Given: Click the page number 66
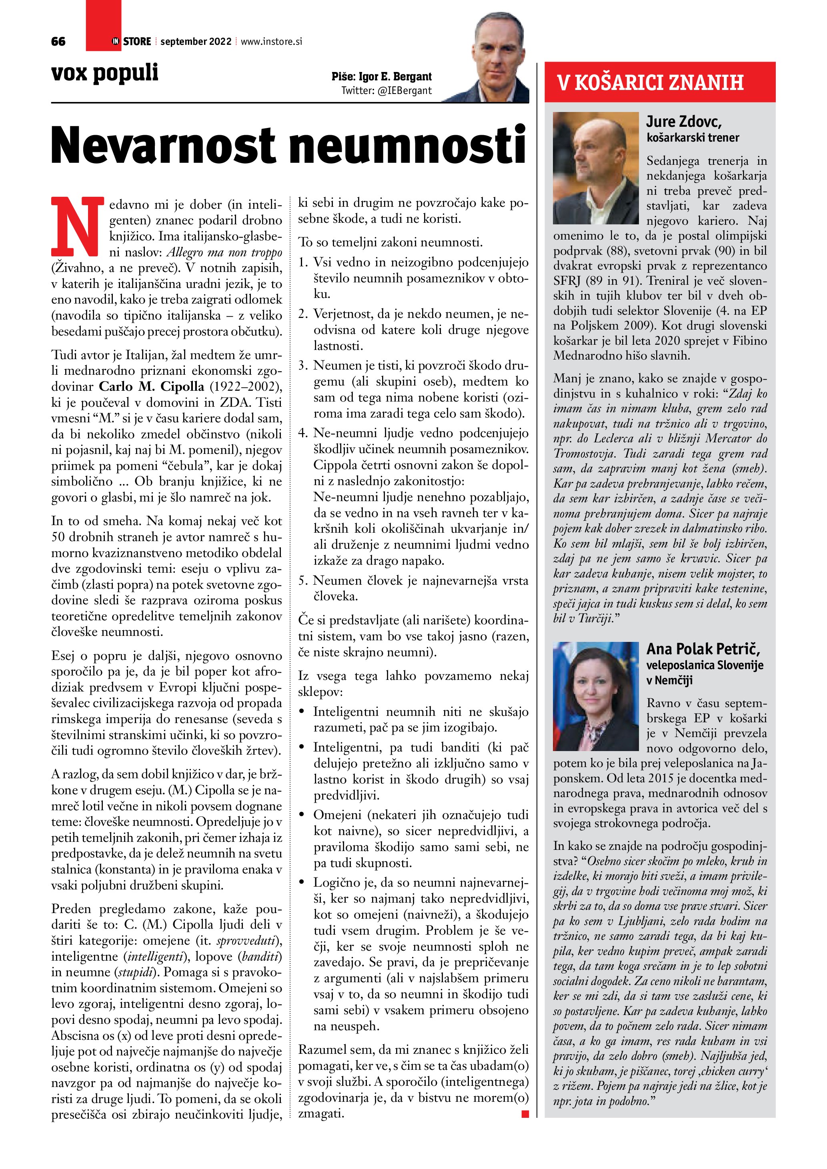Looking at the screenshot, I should [58, 42].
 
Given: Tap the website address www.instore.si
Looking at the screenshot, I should [271, 42].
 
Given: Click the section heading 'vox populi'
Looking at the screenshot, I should [105, 73].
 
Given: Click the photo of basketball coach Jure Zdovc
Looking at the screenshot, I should [595, 168].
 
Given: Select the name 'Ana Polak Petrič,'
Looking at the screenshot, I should [703, 649].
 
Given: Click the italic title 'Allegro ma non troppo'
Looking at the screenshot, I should [224, 252].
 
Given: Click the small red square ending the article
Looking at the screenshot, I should [525, 1114].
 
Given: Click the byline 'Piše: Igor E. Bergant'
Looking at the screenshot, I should [381, 77].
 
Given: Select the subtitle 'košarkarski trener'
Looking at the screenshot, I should [693, 138].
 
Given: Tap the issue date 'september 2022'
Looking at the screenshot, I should [196, 42].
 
